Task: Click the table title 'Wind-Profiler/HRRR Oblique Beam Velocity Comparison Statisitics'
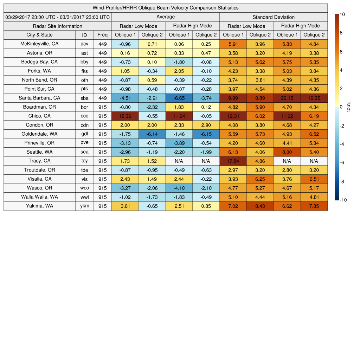pyautogui.click(x=166, y=8)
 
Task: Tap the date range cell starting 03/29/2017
pyautogui.click(x=58, y=17)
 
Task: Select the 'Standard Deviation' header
pyautogui.click(x=274, y=17)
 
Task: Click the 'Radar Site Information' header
pyautogui.click(x=58, y=26)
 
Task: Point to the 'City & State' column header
pyautogui.click(x=39, y=35)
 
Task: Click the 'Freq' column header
pyautogui.click(x=102, y=35)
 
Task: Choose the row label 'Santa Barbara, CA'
pyautogui.click(x=39, y=98)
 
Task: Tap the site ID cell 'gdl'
pyautogui.click(x=84, y=134)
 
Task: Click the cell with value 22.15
pyautogui.click(x=287, y=98)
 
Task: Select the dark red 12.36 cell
pyautogui.click(x=125, y=116)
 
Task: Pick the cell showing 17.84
pyautogui.click(x=233, y=161)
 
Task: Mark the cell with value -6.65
pyautogui.click(x=179, y=98)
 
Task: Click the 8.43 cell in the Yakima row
pyautogui.click(x=260, y=206)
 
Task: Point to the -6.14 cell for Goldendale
pyautogui.click(x=152, y=134)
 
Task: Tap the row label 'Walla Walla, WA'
pyautogui.click(x=39, y=197)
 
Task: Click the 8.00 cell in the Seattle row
pyautogui.click(x=287, y=152)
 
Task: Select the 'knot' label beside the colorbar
pyautogui.click(x=349, y=107)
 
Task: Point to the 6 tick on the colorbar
pyautogui.click(x=341, y=52)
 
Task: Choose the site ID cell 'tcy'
pyautogui.click(x=84, y=161)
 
